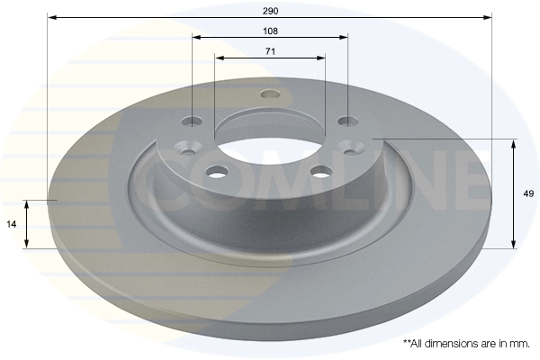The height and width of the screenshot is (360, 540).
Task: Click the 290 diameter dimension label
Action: pos(270,11)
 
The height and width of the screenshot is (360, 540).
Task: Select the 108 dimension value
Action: pos(270,31)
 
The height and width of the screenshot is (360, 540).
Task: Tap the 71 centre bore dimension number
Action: pos(270,51)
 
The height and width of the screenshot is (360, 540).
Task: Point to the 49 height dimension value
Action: pos(528,193)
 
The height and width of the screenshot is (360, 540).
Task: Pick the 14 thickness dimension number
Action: pos(12,224)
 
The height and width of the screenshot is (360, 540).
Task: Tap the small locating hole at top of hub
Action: pos(270,94)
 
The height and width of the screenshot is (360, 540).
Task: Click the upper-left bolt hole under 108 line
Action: pos(192,121)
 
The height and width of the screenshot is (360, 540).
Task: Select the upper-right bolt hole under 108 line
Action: pos(347,121)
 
